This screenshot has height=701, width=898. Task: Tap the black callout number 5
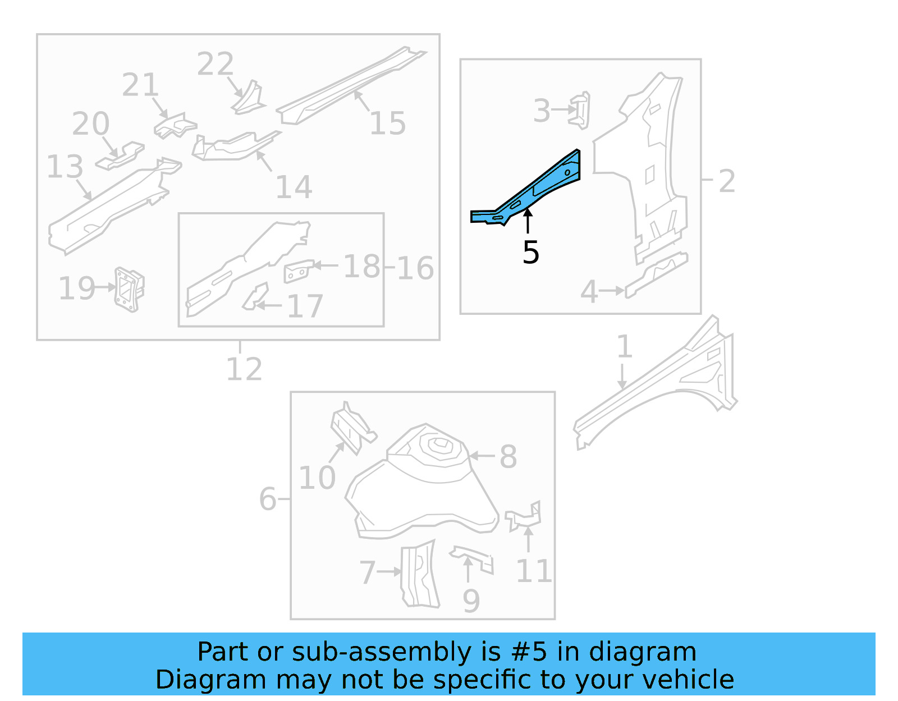tap(530, 253)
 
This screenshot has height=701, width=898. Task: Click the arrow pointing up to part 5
tap(528, 221)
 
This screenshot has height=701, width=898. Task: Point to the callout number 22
tap(215, 64)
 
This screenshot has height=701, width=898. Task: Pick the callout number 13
tap(65, 167)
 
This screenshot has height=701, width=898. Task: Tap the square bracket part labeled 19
tap(129, 289)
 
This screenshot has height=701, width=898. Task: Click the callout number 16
tap(415, 268)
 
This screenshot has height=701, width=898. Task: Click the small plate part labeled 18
tap(298, 271)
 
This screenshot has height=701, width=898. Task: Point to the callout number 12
tap(244, 369)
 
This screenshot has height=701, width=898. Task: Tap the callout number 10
tap(317, 478)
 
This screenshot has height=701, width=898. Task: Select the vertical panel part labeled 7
tap(419, 575)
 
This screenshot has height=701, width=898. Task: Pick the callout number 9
tap(471, 601)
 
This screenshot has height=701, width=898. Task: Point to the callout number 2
tap(727, 181)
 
